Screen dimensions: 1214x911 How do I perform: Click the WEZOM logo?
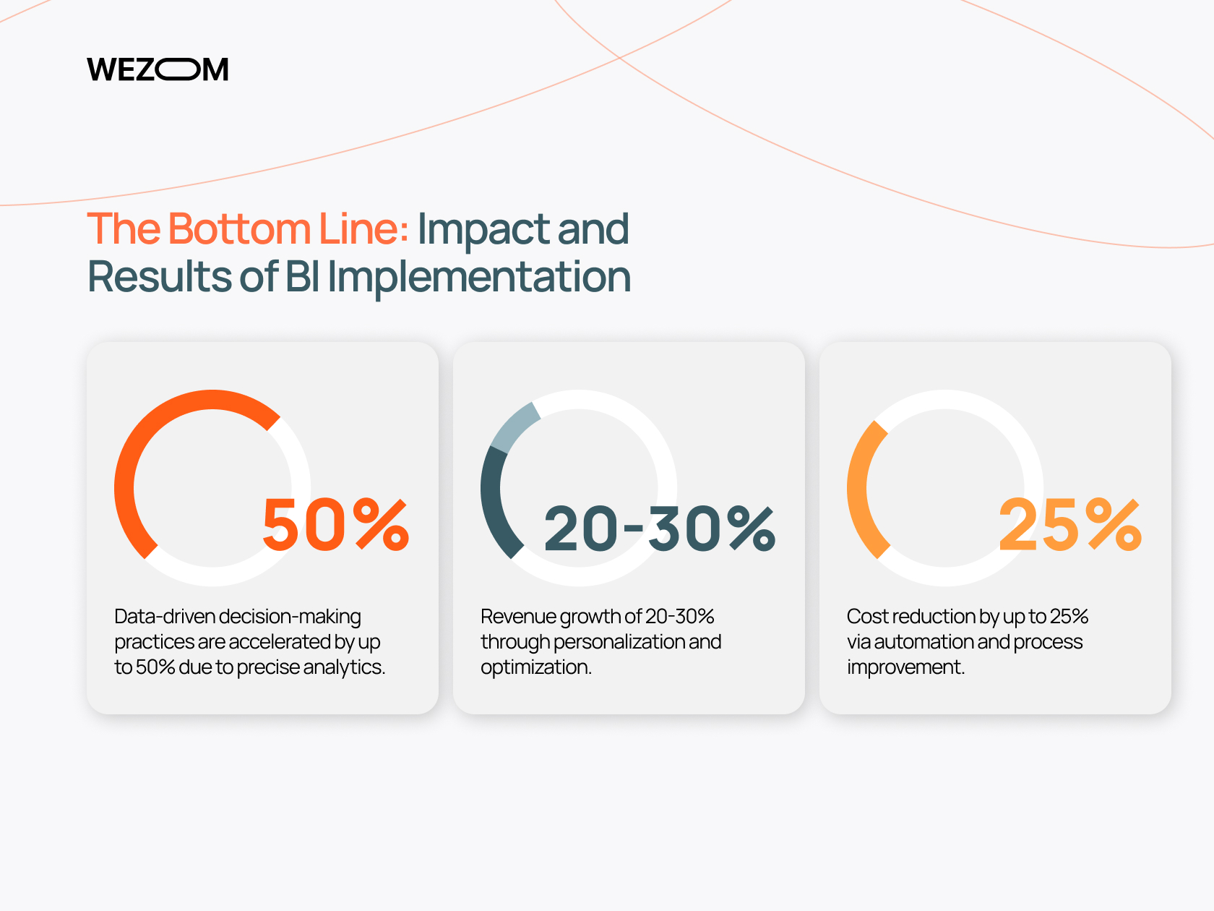[158, 69]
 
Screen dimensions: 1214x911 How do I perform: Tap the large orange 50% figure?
[336, 524]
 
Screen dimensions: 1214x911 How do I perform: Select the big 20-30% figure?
[660, 529]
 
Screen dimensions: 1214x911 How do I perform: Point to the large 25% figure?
[1070, 524]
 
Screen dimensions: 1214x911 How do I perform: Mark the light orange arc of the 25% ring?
[859, 489]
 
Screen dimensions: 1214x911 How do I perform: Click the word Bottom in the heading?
[239, 228]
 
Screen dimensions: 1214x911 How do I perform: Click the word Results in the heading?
[159, 276]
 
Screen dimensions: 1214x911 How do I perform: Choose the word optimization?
[536, 667]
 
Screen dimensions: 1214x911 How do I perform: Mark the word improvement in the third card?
[906, 667]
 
